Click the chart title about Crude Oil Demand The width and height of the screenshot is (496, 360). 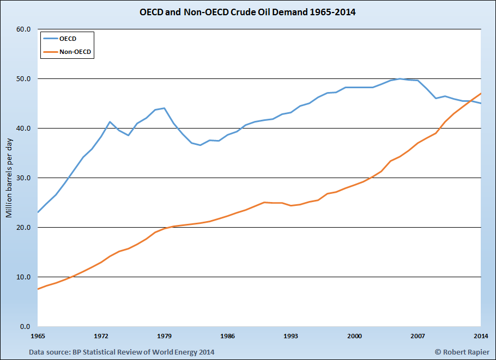pos(247,11)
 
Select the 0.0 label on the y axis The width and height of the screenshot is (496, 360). pos(25,327)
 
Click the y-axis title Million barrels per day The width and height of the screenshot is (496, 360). pos(9,178)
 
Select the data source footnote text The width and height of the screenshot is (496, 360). pos(122,352)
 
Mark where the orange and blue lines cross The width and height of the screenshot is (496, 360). pos(469,101)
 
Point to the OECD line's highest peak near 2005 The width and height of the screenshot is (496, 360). pos(400,79)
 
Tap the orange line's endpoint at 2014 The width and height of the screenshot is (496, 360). pos(481,93)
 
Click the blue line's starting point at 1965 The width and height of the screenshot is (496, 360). pos(38,212)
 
